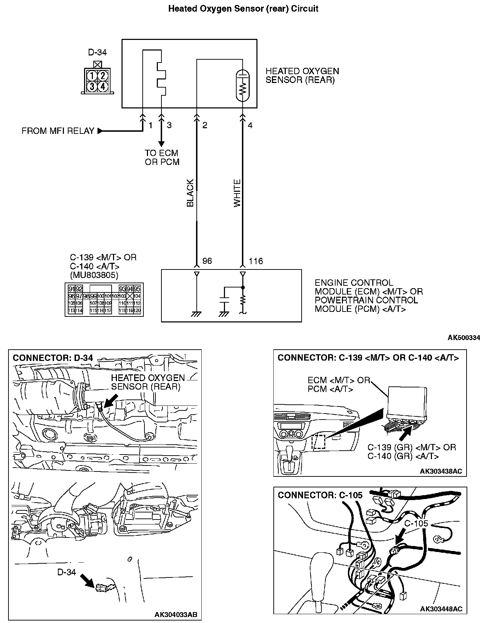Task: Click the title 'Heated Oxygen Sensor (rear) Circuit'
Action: pos(243,9)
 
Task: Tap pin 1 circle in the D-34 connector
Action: pos(92,75)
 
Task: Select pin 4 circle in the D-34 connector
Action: pos(102,86)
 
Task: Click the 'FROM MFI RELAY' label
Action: pos(58,131)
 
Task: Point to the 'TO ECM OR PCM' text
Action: pos(162,158)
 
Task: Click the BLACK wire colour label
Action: pos(190,193)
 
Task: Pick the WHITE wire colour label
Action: pos(237,193)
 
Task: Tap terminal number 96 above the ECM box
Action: pos(207,261)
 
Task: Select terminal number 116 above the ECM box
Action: pos(256,261)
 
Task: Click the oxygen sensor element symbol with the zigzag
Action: pos(243,86)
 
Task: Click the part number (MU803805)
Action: pos(94,275)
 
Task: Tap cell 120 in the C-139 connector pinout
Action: pos(137,310)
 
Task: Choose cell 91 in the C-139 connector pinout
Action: pos(71,289)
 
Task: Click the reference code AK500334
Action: pos(464,338)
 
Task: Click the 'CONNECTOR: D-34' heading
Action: pos(53,358)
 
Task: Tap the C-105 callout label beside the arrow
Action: pos(416,523)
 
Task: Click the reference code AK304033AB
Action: pos(176,615)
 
